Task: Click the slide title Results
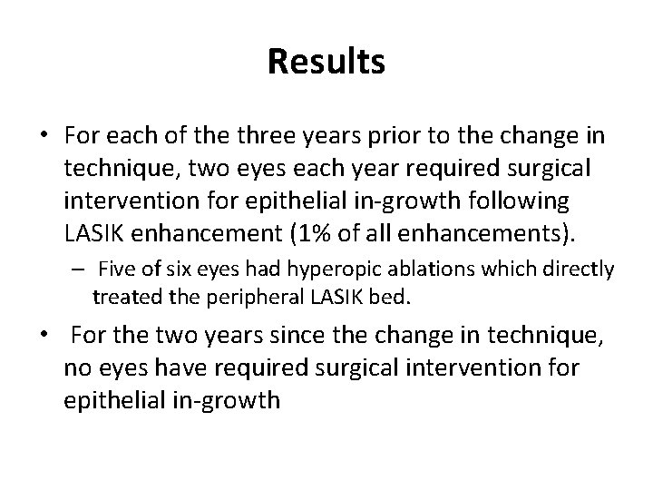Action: pyautogui.click(x=326, y=62)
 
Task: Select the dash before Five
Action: pyautogui.click(x=80, y=269)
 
